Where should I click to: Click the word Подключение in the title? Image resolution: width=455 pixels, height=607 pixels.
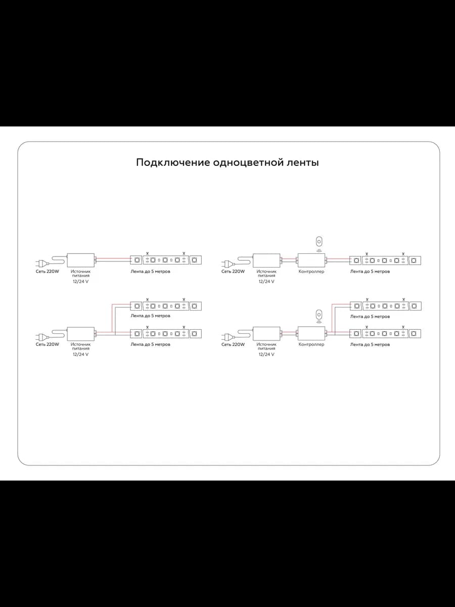click(x=173, y=162)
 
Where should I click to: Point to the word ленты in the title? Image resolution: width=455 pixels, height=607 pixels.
click(x=302, y=163)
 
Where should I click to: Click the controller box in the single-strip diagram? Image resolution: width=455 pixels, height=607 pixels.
click(x=311, y=260)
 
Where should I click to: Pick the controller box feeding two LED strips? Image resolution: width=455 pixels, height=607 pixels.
click(x=311, y=333)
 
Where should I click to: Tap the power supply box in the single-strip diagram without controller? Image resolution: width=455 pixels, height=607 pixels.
click(x=81, y=260)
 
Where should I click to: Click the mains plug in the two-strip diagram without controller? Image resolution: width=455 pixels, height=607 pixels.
click(x=42, y=337)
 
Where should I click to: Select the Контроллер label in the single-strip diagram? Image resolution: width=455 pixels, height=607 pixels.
click(x=311, y=272)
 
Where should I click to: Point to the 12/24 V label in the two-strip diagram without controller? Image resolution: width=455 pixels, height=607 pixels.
click(x=81, y=355)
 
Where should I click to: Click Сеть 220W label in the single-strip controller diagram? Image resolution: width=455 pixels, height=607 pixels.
click(x=233, y=272)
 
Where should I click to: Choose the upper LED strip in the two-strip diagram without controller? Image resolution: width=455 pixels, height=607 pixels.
click(x=166, y=306)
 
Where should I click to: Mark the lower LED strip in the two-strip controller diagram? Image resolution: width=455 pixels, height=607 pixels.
click(x=385, y=334)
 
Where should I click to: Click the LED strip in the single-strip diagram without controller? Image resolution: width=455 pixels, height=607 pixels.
click(x=166, y=260)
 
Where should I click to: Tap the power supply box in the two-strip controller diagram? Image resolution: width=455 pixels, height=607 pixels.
click(x=266, y=333)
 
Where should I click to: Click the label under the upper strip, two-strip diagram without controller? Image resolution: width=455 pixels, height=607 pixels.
click(x=150, y=316)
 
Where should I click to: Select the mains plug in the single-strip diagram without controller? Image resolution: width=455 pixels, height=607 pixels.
click(x=42, y=264)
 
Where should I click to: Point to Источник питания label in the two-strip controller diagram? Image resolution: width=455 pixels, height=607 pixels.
click(x=266, y=346)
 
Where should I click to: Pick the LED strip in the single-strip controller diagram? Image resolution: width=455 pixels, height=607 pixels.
click(x=385, y=261)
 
